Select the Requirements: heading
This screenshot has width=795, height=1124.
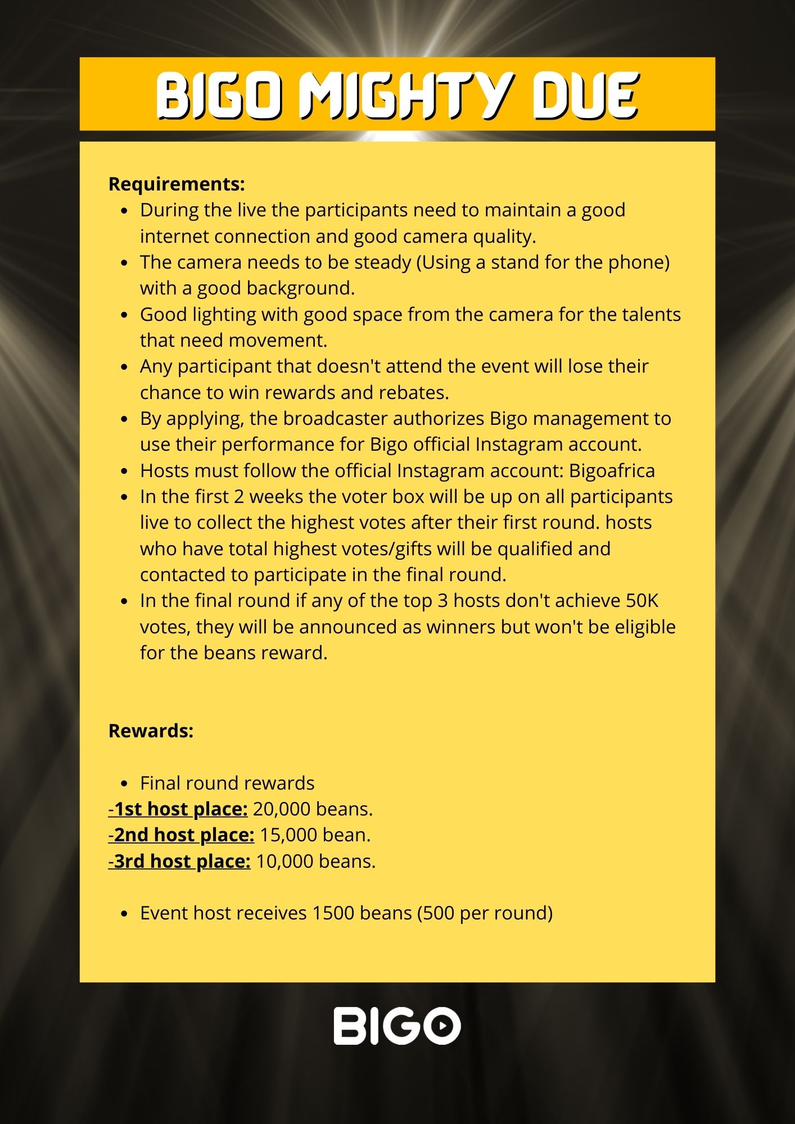[177, 184]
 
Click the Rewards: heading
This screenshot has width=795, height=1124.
[151, 731]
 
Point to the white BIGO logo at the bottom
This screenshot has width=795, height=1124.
[397, 1026]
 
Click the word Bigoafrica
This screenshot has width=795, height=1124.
[612, 470]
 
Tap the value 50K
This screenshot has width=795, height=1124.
[642, 601]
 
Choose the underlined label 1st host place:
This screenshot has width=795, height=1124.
[178, 809]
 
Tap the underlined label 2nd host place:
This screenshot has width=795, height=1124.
[181, 835]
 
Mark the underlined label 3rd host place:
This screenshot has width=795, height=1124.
[179, 861]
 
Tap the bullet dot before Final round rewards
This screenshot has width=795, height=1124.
[125, 783]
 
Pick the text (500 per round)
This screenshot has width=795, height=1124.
[485, 913]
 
